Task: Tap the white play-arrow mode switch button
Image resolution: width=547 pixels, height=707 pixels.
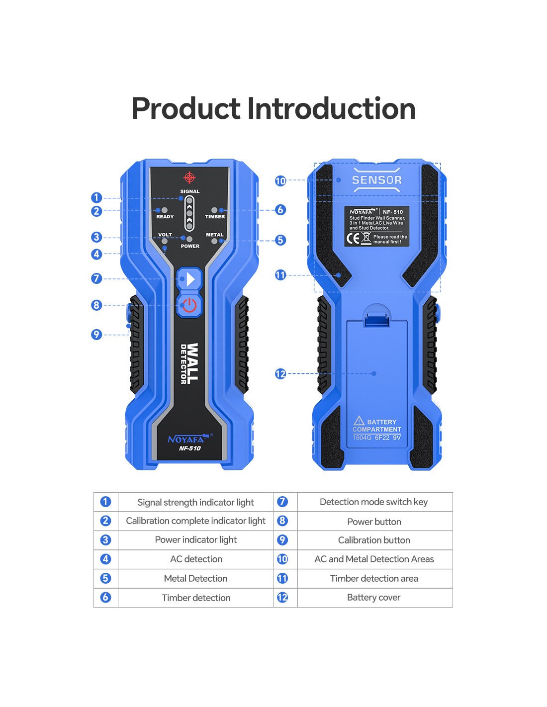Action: click(x=189, y=279)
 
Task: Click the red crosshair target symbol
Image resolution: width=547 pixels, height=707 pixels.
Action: click(x=189, y=177)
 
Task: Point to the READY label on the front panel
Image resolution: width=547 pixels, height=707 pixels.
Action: click(x=165, y=217)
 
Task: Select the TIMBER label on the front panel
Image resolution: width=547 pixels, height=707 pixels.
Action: click(x=215, y=217)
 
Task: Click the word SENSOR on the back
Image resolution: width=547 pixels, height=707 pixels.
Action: click(x=377, y=180)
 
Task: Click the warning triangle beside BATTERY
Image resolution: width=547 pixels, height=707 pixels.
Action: click(x=359, y=421)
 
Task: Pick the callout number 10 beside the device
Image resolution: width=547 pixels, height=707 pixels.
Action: click(x=280, y=181)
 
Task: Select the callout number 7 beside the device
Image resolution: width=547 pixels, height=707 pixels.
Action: click(x=96, y=278)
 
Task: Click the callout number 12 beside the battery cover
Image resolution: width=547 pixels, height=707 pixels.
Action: click(x=280, y=374)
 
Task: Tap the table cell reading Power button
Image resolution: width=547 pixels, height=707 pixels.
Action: click(x=375, y=522)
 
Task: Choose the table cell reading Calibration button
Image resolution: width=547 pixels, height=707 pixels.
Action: click(x=375, y=540)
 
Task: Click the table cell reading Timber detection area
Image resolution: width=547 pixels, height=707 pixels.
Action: click(x=375, y=579)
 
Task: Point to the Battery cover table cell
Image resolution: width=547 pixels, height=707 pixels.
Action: click(x=375, y=598)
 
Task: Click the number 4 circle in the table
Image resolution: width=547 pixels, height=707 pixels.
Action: click(x=105, y=559)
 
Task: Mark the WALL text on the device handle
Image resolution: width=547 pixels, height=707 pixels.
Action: click(x=193, y=363)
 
